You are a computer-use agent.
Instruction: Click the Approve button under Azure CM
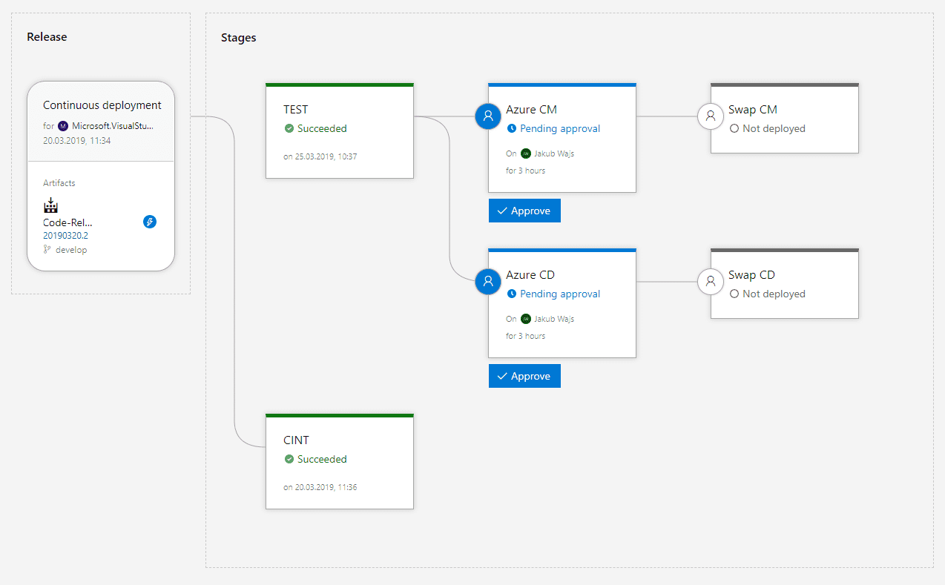[524, 211]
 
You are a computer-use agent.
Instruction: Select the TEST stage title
[295, 110]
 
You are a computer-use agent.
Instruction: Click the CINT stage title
[296, 440]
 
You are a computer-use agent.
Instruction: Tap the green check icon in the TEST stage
[289, 128]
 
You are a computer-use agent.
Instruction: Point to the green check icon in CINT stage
[289, 459]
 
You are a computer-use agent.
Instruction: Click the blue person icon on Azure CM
[488, 116]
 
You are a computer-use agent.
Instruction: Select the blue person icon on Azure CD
[488, 281]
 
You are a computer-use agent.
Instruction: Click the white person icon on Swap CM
[711, 116]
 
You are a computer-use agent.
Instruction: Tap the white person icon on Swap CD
[711, 281]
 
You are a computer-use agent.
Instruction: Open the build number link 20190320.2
[65, 235]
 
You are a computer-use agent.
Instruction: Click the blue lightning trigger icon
[150, 222]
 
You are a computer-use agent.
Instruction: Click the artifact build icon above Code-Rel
[50, 205]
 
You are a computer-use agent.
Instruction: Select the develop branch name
[71, 250]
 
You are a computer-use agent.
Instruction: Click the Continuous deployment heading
[102, 105]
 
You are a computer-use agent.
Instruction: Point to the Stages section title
[238, 38]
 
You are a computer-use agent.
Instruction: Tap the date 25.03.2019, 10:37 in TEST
[326, 156]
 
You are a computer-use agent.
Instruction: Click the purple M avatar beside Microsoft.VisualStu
[63, 126]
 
